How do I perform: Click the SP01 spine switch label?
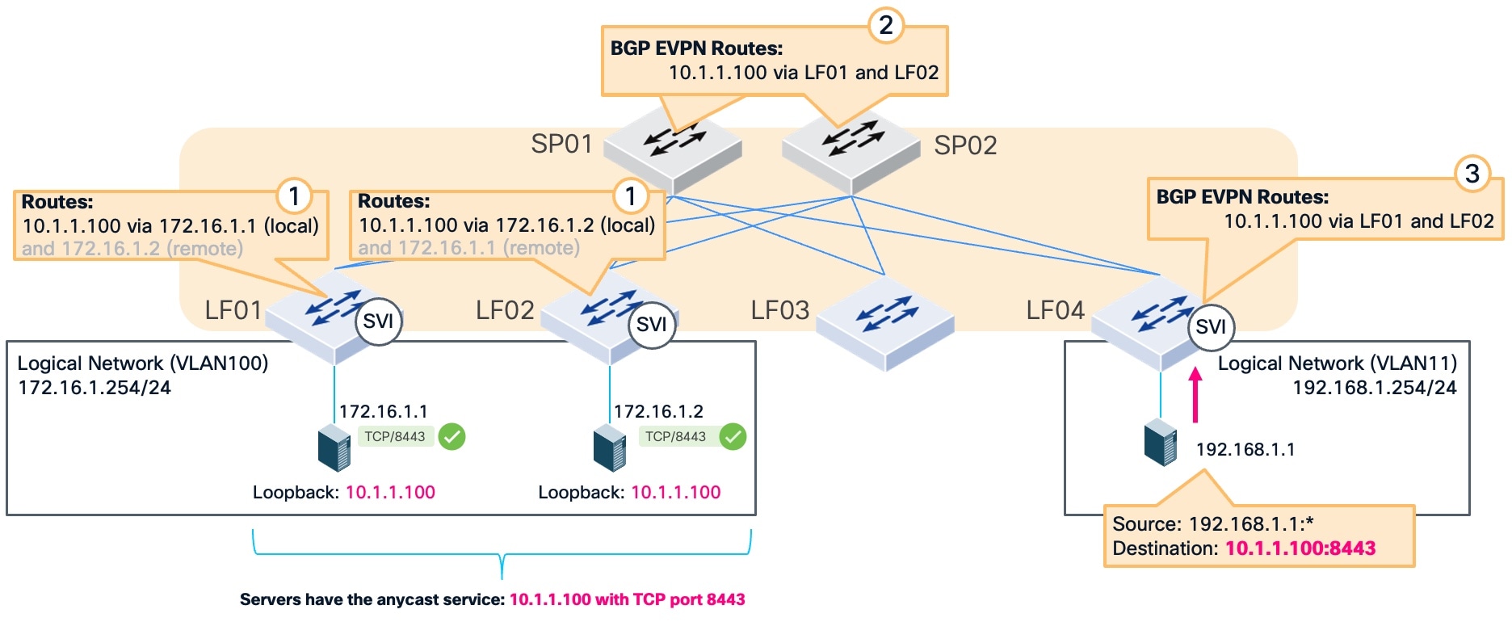click(x=561, y=144)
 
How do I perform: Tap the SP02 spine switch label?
click(x=965, y=145)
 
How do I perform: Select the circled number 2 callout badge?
click(x=885, y=25)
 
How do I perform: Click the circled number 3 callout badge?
click(x=1472, y=173)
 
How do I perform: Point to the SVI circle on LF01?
click(x=378, y=322)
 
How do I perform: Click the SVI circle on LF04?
click(x=1210, y=326)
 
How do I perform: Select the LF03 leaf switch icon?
click(x=885, y=323)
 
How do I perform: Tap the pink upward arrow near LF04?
click(x=1195, y=396)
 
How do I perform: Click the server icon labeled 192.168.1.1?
click(x=1161, y=442)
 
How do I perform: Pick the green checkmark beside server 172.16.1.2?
click(x=733, y=436)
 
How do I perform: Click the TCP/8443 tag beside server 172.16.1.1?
click(x=395, y=436)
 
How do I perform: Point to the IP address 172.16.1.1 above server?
click(x=383, y=411)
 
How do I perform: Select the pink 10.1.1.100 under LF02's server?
click(x=675, y=492)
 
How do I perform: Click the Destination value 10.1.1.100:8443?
click(x=1300, y=548)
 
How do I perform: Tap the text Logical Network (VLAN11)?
click(x=1337, y=363)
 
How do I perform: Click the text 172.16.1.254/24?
click(x=94, y=387)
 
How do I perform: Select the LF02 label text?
click(x=504, y=310)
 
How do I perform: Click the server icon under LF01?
click(x=334, y=448)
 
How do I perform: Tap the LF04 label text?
click(x=1055, y=310)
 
